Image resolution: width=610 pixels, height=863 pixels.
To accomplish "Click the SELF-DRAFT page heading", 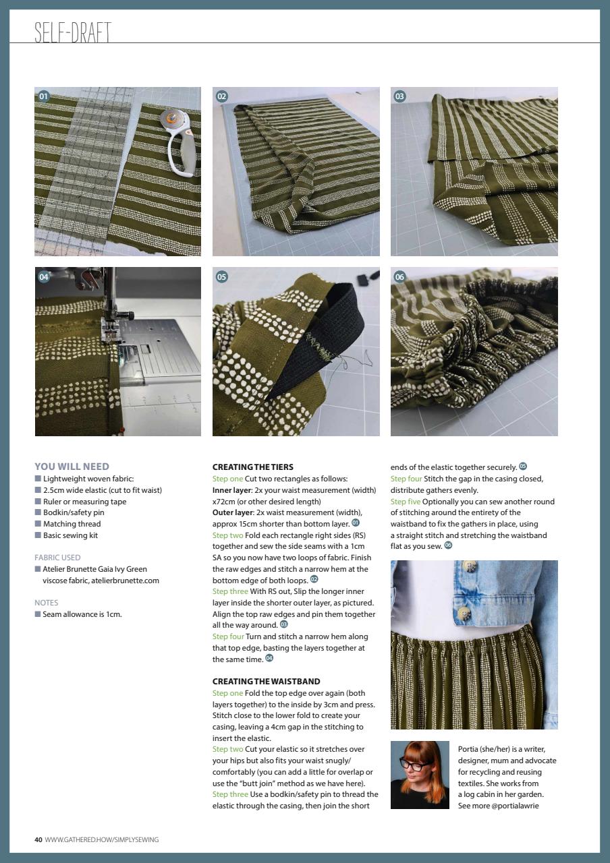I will (x=72, y=32).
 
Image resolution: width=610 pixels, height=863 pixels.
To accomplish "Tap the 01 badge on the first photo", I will (x=44, y=96).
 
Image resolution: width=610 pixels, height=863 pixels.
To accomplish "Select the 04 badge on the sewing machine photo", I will (x=44, y=276).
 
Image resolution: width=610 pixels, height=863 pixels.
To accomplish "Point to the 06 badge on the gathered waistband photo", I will (x=399, y=276).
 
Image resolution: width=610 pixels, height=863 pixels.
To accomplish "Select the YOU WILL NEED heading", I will (x=72, y=467).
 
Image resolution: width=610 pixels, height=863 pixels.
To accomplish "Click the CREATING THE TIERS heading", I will (x=252, y=467).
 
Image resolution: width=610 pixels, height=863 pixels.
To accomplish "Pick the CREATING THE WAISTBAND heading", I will (x=266, y=682).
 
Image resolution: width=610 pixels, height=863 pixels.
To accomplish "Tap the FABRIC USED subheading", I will (x=57, y=558).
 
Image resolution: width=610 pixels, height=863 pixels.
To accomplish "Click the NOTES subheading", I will (x=47, y=603).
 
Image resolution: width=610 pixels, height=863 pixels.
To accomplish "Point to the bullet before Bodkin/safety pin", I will (x=38, y=513).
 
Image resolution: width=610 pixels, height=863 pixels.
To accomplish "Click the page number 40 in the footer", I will (x=38, y=839).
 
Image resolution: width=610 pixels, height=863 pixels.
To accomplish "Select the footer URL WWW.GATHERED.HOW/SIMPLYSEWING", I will (x=102, y=839).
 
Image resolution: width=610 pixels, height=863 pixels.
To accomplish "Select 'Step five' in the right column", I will (x=405, y=502).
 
